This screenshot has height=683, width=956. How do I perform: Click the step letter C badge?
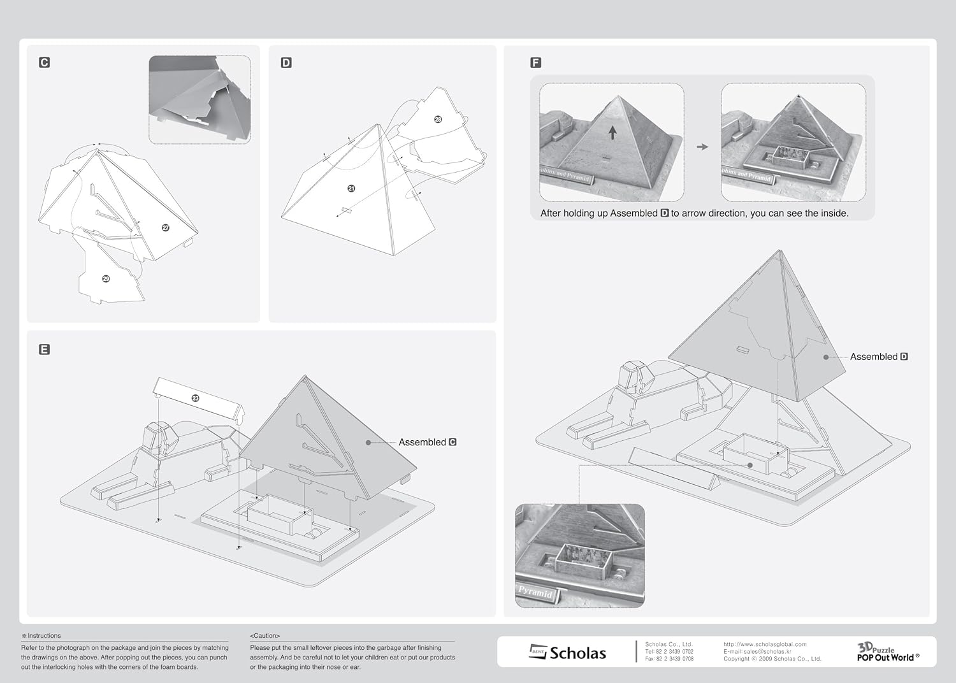coord(44,62)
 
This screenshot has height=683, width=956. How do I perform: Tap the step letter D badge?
coord(286,62)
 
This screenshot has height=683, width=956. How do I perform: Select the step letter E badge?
coord(44,349)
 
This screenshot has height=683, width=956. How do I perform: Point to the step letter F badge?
coord(535,62)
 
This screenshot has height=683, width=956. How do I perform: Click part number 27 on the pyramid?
coord(166,227)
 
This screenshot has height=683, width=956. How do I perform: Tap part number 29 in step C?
coord(106,278)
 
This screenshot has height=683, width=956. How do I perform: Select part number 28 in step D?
coord(438,119)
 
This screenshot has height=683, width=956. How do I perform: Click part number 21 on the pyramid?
coord(351,189)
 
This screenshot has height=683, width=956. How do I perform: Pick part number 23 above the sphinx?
coord(196,398)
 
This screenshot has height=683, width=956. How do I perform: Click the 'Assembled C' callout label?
coord(427,442)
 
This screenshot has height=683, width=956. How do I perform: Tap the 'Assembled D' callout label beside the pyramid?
coord(878,357)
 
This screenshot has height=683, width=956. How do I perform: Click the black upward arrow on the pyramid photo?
coord(612,133)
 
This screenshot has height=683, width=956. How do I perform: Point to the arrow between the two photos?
coord(702,147)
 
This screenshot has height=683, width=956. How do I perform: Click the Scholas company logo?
coord(568,652)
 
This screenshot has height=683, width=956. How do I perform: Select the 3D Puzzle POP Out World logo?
coord(887,652)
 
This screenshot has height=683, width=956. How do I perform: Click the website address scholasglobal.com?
coord(765,644)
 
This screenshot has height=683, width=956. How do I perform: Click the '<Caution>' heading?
coord(264,636)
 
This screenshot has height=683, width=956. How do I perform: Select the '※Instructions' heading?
coord(41,636)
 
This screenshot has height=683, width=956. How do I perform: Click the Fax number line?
coord(669,659)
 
